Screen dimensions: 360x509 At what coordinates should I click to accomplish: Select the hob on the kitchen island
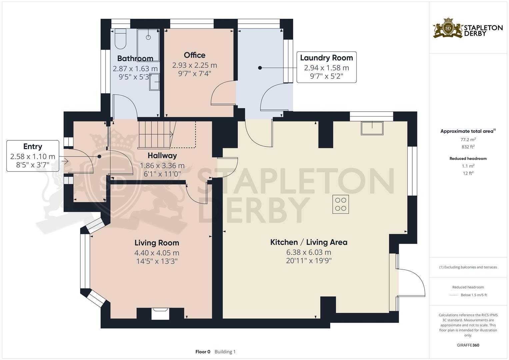pos(341,204)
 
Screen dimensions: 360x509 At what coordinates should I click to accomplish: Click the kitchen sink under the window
pos(372,128)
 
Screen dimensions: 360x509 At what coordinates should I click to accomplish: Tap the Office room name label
pos(195,55)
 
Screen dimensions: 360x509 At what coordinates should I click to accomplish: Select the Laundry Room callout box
pos(326,67)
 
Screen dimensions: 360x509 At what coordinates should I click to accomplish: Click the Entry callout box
pos(33,156)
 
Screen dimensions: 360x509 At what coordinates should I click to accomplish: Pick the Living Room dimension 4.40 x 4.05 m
pos(157,253)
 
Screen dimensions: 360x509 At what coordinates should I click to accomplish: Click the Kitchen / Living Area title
pos(309,242)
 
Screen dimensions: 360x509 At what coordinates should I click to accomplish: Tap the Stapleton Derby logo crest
pos(448,28)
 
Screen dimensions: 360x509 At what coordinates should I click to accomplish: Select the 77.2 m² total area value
pos(468,140)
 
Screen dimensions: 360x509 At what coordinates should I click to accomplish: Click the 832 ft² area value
pos(468,147)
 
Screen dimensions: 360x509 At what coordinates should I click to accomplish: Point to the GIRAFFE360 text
pos(468,345)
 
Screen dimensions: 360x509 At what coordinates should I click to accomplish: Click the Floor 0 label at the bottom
pos(203,352)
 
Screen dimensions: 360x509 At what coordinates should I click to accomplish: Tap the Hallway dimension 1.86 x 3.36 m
pos(162,165)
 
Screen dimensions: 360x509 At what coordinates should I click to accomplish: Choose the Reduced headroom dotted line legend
pos(454,295)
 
